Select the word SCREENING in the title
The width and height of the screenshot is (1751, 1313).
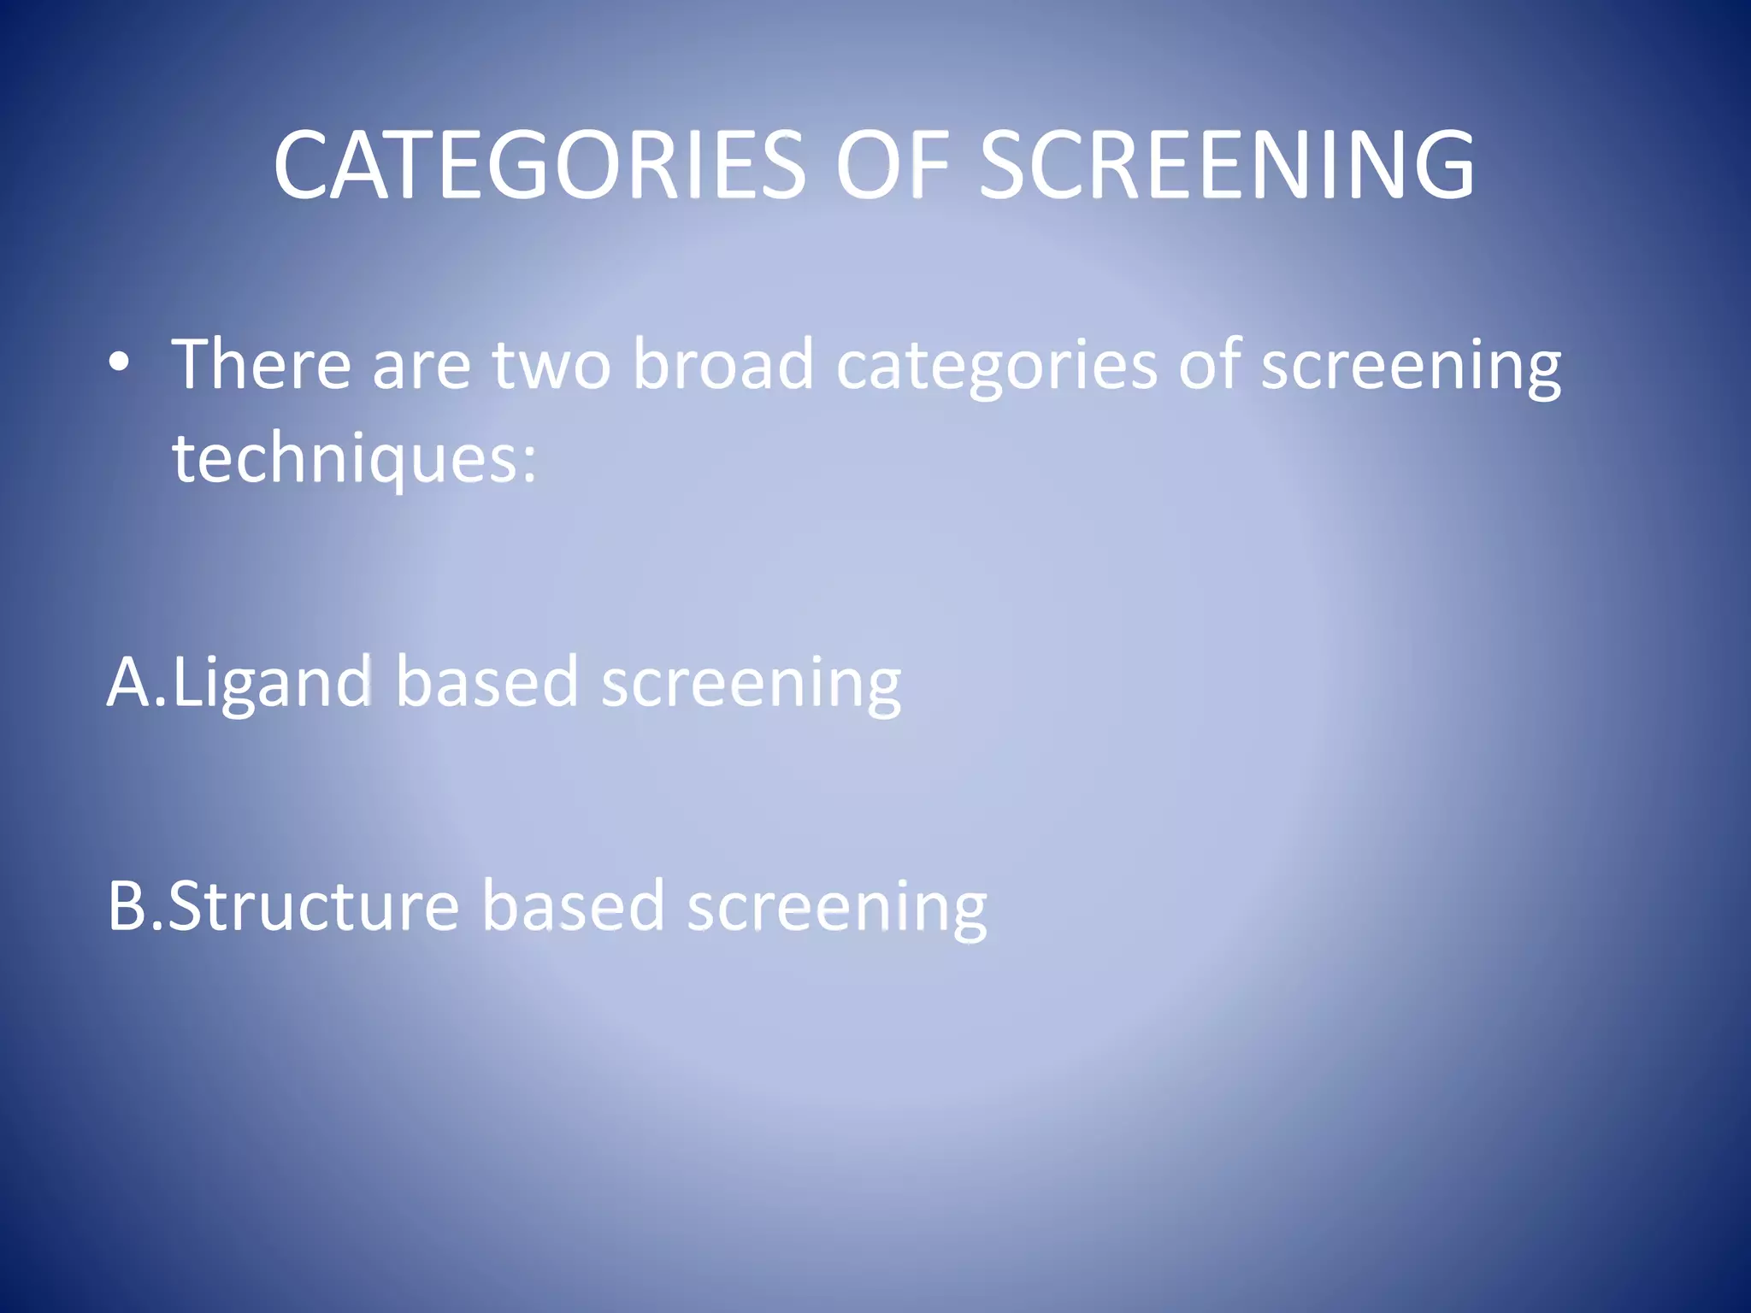1226,164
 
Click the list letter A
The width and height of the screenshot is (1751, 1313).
130,682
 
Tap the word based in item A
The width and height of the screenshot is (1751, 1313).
486,682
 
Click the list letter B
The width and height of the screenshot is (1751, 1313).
128,906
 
